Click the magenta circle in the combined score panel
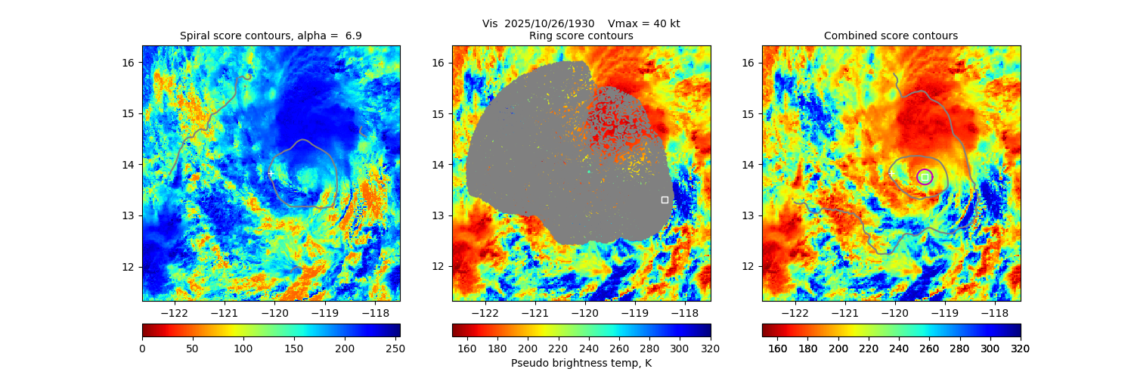925,177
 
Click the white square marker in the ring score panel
665,200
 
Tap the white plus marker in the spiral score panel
270,174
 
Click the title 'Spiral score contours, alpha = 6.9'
271,36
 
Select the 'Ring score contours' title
581,36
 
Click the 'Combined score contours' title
891,36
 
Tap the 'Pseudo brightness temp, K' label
581,363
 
